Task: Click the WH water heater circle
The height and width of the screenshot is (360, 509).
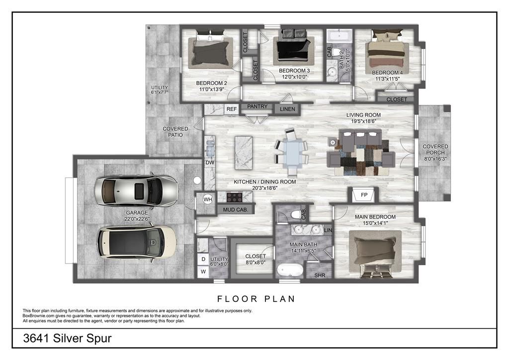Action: click(208, 199)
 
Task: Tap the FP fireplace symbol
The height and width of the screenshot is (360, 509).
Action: click(364, 195)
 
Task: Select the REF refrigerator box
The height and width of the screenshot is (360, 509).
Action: click(232, 109)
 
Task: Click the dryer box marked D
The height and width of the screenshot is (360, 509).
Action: click(203, 259)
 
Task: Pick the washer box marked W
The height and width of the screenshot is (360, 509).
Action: click(203, 271)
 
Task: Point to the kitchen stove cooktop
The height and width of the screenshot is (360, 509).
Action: click(235, 197)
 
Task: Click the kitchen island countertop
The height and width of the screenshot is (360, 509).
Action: click(244, 153)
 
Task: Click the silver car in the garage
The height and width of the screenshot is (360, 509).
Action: click(136, 191)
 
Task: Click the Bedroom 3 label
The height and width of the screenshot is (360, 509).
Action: click(294, 71)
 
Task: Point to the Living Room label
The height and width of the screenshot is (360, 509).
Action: click(363, 115)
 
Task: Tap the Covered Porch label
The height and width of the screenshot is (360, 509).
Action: click(435, 150)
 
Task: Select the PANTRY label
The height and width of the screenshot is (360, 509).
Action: click(257, 106)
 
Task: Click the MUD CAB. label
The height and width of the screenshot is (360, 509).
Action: click(235, 210)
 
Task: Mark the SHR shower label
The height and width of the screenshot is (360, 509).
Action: click(320, 275)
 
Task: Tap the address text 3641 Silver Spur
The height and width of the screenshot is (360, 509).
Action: click(68, 338)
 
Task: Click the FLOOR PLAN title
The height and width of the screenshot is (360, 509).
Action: click(256, 299)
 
